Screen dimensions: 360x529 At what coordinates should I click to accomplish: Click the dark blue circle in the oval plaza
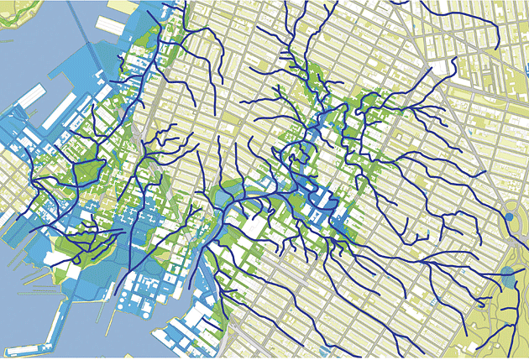(x=509, y=218)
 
